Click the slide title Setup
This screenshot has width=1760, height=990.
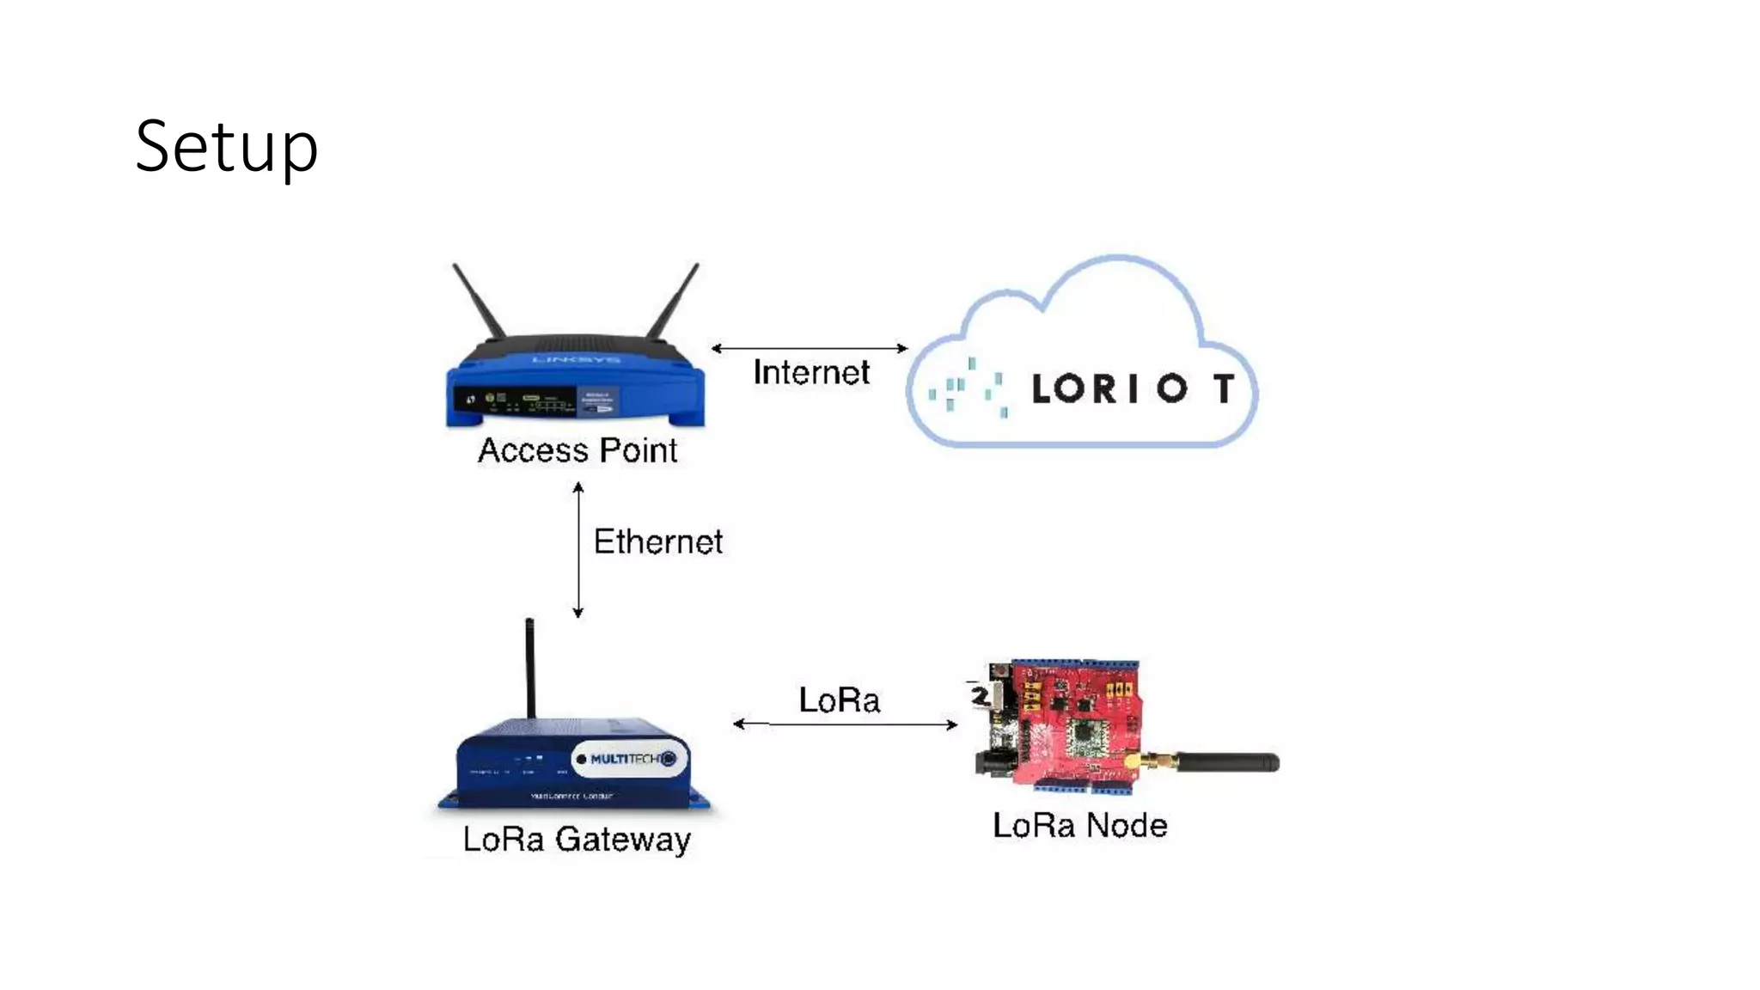(227, 147)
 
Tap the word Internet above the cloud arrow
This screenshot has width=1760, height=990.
(811, 373)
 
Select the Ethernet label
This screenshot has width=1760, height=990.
(658, 542)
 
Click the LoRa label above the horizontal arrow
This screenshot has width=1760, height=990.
(840, 700)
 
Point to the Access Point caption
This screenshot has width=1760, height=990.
(577, 451)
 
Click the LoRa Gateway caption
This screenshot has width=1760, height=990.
(577, 840)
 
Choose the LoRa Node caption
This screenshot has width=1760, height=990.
(1080, 826)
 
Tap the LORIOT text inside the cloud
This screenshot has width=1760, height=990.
(1134, 388)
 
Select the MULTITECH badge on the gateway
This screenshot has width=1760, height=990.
(630, 759)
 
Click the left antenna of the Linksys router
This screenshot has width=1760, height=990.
(479, 301)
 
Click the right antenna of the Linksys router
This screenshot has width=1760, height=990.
(674, 301)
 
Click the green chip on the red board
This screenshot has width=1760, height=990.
(1084, 739)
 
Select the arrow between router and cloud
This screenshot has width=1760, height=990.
(810, 348)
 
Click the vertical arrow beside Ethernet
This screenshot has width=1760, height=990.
(578, 550)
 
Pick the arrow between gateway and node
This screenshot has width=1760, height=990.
(846, 724)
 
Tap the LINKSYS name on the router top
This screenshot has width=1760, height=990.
(576, 359)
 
